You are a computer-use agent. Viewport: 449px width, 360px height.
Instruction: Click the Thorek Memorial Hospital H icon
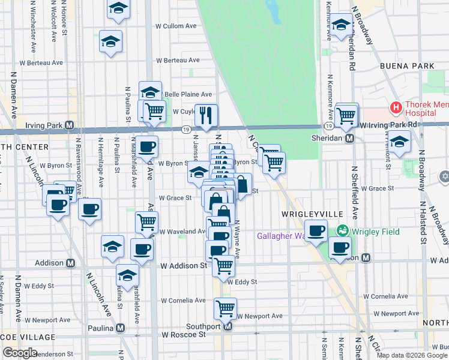click(x=396, y=109)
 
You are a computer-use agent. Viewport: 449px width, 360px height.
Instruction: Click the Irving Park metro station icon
click(x=70, y=125)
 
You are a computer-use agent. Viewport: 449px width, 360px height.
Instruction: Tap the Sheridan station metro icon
click(x=349, y=138)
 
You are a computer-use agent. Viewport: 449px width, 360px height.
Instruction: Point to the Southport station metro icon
click(x=228, y=327)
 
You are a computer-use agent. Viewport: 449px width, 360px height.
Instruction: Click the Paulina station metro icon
click(x=121, y=328)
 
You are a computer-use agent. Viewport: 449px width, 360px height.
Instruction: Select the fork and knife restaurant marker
click(x=206, y=115)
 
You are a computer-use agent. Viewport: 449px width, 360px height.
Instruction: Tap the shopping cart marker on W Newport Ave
click(x=225, y=308)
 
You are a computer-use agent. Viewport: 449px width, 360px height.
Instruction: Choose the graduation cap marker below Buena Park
click(x=399, y=142)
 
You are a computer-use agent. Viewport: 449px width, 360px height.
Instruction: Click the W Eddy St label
click(x=241, y=282)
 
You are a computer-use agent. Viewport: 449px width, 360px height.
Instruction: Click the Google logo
click(x=20, y=353)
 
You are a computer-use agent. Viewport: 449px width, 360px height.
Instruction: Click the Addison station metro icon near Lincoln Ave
click(x=70, y=263)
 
